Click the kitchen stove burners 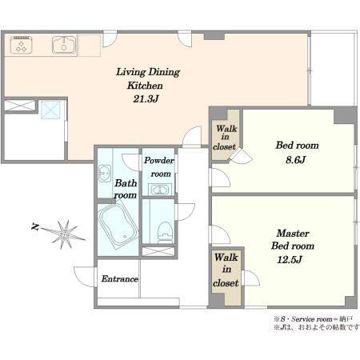[x=22, y=45]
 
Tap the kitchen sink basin [x=64, y=45]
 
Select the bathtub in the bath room [x=118, y=226]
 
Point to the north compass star [x=64, y=234]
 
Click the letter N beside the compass [x=35, y=227]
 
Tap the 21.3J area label [x=146, y=99]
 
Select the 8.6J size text [x=295, y=160]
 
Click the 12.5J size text [x=290, y=259]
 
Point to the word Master [x=293, y=234]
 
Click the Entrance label [x=120, y=279]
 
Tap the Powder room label [x=159, y=167]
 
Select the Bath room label [x=126, y=189]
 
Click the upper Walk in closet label [x=225, y=138]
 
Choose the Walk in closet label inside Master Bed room [x=226, y=270]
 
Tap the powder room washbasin [x=159, y=190]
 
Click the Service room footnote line [x=314, y=319]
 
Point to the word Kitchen [x=145, y=86]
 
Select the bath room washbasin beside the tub [x=105, y=174]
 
